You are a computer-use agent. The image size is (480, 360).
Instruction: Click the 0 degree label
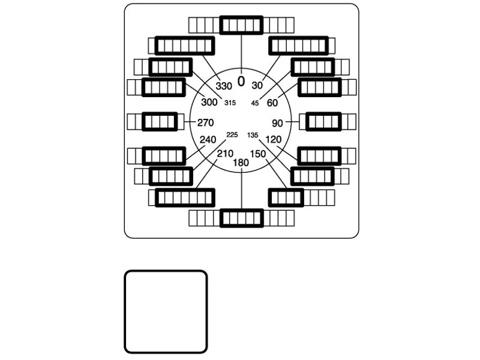241,82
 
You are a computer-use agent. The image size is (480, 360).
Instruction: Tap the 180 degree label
241,163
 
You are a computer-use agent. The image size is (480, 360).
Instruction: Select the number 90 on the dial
277,123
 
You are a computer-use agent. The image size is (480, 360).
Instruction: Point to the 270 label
205,122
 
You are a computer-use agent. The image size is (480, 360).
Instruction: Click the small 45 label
255,103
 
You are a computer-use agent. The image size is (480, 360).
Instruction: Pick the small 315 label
230,103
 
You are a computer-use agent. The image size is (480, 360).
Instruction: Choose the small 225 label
232,134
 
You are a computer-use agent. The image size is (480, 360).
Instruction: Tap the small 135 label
253,135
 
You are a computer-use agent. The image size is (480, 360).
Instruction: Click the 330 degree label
224,86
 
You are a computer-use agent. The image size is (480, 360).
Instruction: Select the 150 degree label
258,154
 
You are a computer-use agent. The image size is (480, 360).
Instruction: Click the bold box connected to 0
241,25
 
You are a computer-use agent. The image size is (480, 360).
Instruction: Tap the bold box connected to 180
242,218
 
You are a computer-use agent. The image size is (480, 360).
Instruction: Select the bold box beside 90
323,122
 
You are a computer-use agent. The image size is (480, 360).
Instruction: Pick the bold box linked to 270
160,122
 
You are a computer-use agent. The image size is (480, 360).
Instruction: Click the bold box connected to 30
299,46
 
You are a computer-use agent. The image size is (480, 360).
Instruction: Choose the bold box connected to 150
286,198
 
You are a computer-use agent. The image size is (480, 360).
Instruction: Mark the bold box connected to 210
185,198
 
